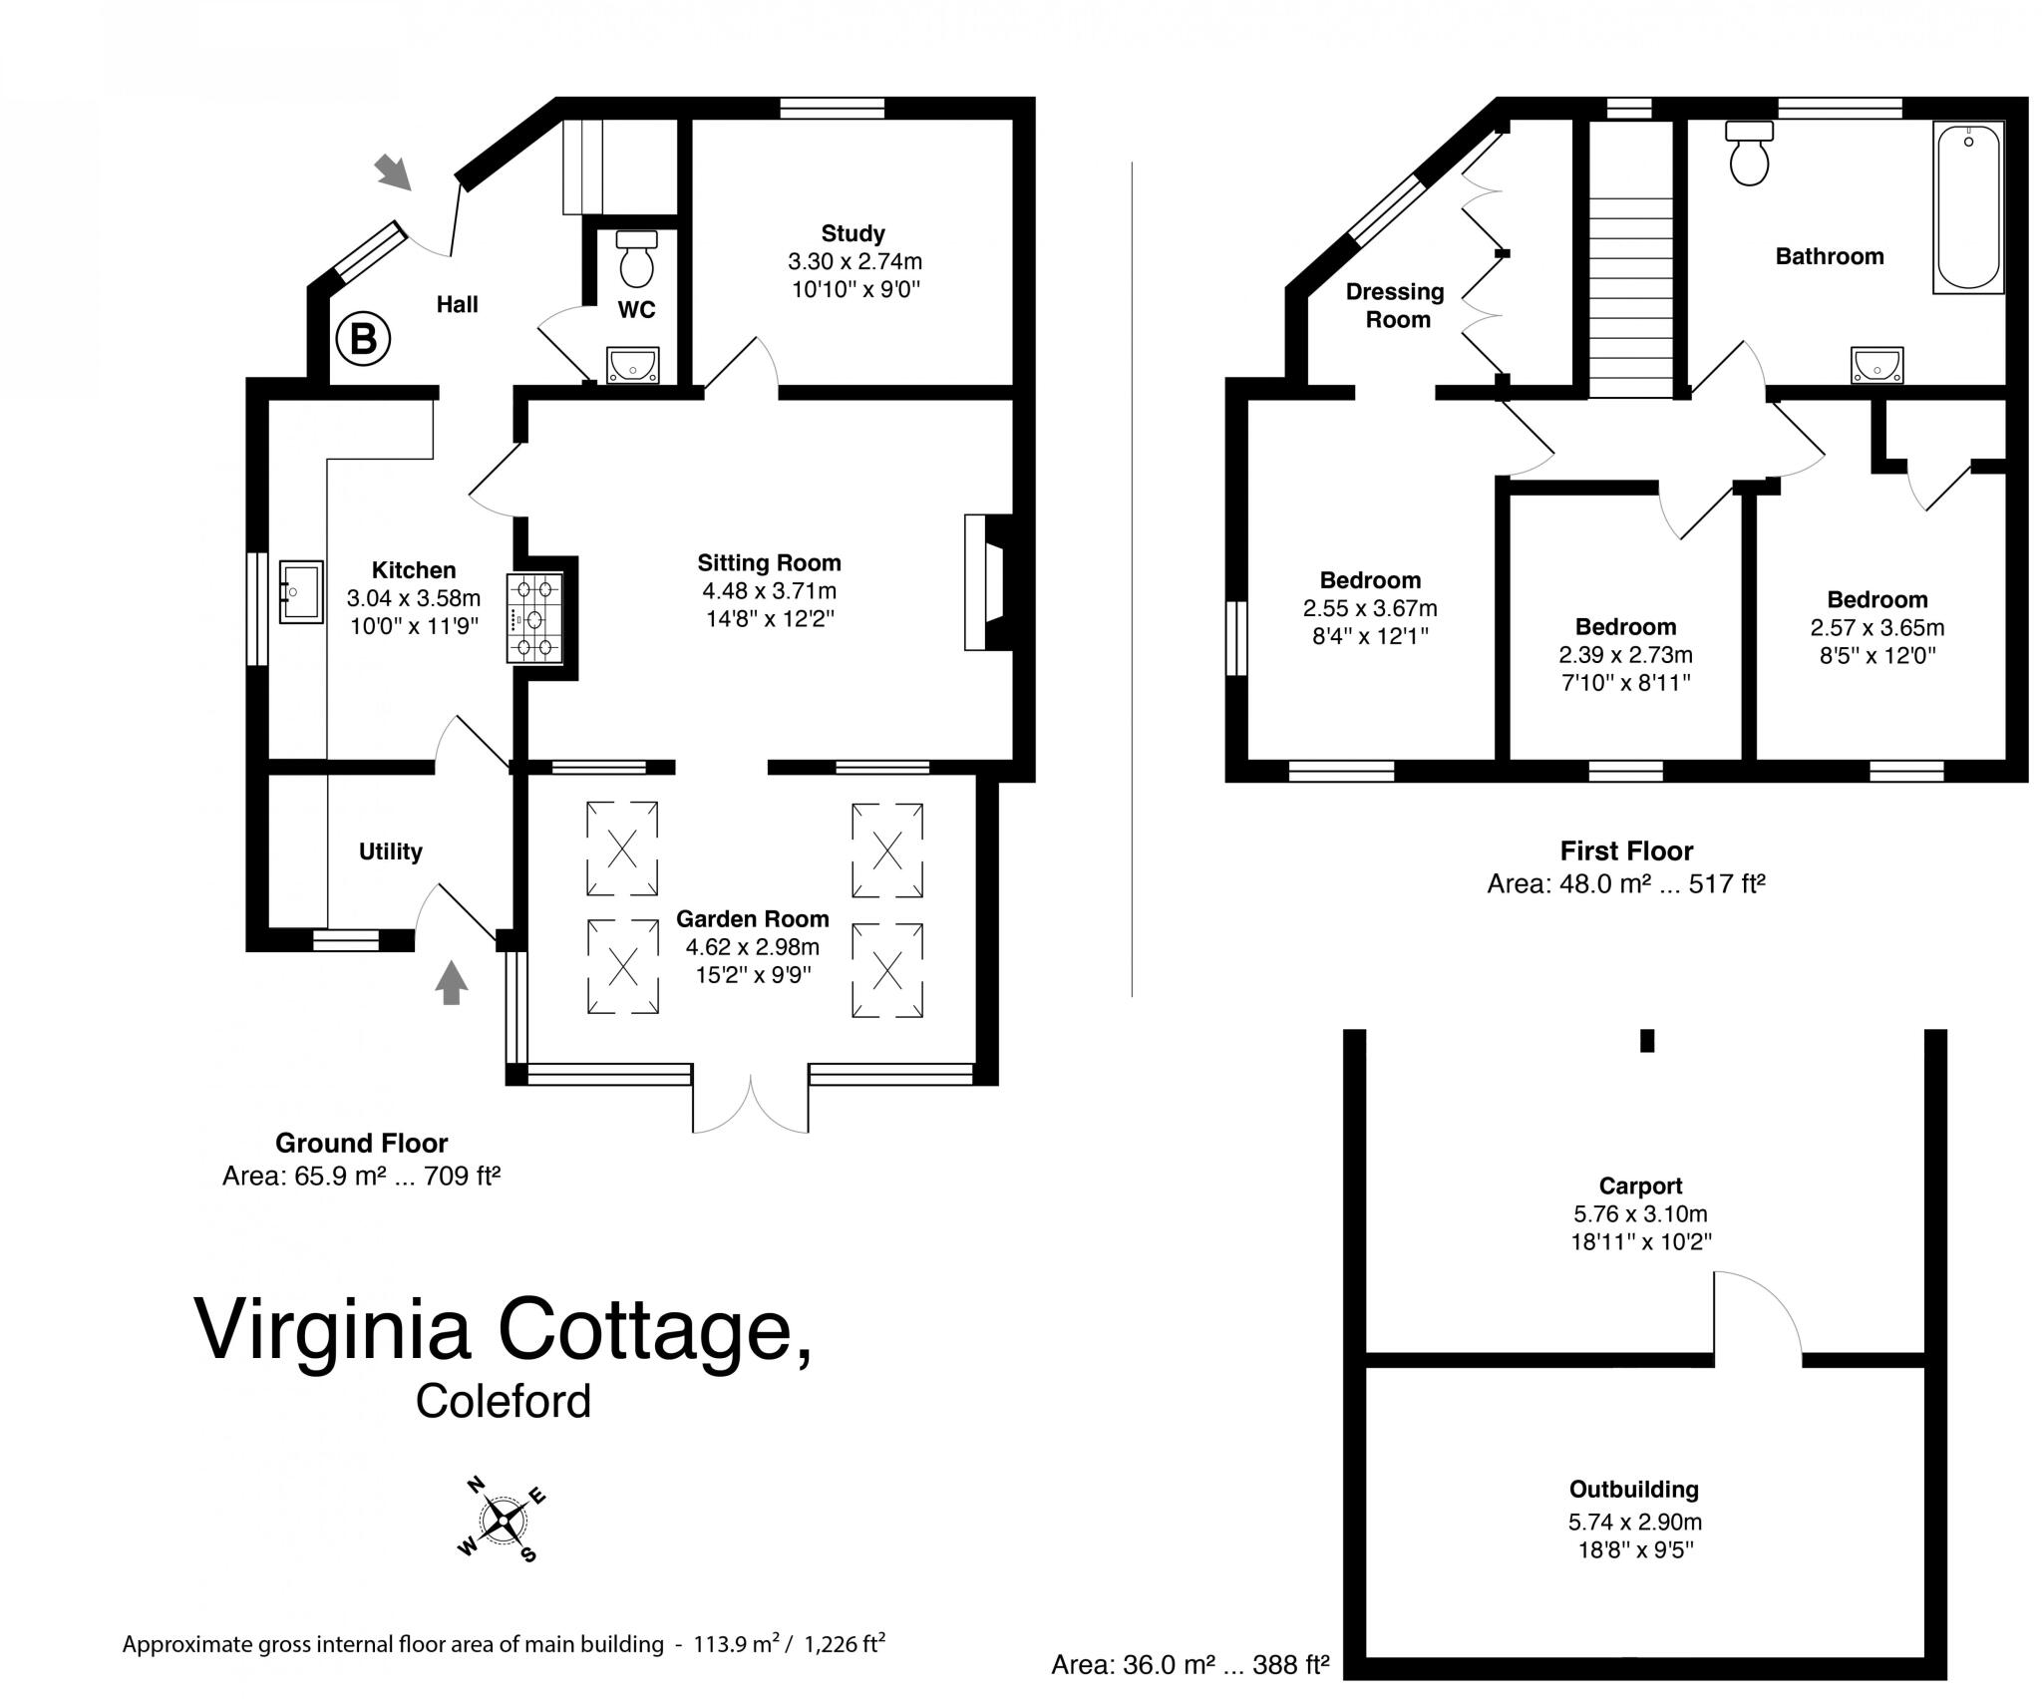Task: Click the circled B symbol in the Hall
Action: (x=362, y=340)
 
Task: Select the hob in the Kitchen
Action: (x=535, y=619)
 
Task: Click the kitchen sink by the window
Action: (x=300, y=592)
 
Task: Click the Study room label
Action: (x=852, y=233)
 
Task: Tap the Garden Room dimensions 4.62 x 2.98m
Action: (x=752, y=947)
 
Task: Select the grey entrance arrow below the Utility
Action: (x=452, y=982)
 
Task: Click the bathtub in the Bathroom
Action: (x=1967, y=207)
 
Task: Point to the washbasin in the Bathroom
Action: (x=1876, y=366)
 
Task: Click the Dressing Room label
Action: (x=1396, y=306)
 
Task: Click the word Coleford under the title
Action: (x=504, y=1401)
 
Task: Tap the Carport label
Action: (x=1640, y=1187)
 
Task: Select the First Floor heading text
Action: (x=1626, y=851)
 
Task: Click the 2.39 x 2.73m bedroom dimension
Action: (x=1625, y=655)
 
